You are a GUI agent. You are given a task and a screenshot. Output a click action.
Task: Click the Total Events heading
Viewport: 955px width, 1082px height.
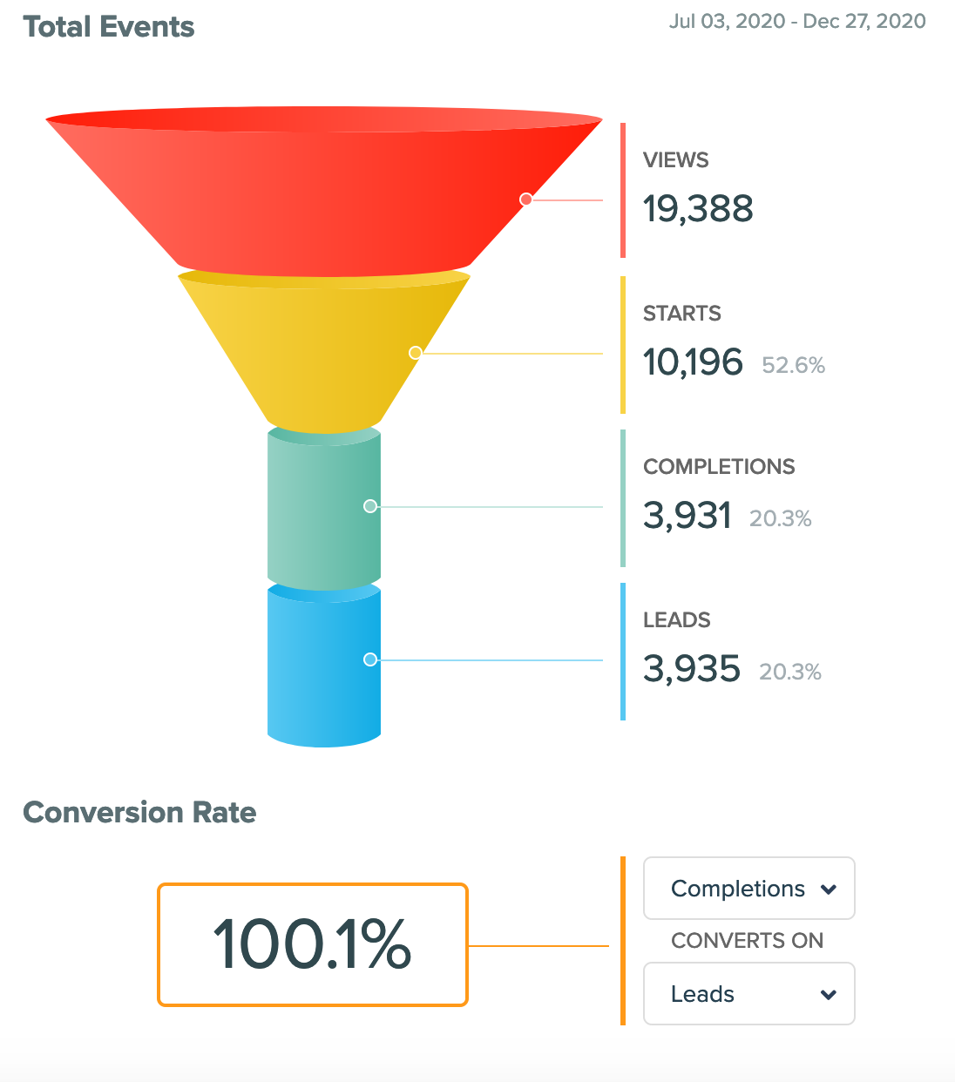pos(109,27)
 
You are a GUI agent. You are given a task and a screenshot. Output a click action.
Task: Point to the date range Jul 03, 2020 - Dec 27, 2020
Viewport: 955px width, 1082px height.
pos(797,21)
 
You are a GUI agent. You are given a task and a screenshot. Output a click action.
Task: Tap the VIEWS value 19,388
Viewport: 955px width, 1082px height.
pos(698,209)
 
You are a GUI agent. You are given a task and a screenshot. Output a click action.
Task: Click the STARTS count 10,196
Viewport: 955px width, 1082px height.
pos(693,362)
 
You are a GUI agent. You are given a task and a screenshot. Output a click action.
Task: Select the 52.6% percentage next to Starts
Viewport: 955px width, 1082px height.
pos(793,365)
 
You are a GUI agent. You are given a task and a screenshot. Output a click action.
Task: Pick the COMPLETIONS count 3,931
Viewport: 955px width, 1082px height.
pos(687,516)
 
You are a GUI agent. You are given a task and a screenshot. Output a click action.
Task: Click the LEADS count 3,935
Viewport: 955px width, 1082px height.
pos(691,669)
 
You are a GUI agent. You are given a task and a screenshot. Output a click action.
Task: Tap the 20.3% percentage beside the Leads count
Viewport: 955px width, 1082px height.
pos(790,672)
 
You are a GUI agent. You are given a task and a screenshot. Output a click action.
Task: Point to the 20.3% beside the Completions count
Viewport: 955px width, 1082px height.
pos(780,518)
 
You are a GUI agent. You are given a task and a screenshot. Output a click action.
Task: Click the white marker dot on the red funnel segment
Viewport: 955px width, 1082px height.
pos(526,199)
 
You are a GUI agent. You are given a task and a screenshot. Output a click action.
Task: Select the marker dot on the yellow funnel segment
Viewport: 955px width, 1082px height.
pos(416,353)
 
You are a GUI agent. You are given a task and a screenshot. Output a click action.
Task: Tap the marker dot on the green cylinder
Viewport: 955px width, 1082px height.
pos(370,506)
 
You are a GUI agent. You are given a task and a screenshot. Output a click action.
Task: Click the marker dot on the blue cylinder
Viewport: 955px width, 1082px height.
pos(370,659)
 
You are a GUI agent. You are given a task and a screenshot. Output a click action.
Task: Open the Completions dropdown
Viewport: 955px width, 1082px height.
pos(748,889)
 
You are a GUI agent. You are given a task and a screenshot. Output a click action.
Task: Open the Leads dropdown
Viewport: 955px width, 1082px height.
pos(748,994)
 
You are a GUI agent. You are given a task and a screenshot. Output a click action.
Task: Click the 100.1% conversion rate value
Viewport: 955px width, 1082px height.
pos(312,944)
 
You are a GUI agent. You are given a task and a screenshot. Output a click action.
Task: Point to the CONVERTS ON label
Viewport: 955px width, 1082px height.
pos(747,941)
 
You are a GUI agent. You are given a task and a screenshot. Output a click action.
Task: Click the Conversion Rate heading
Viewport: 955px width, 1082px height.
pos(139,812)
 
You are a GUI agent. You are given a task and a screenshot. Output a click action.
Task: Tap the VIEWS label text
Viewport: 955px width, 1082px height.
pos(675,160)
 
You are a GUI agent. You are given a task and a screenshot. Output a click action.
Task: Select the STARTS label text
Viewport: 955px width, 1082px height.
pos(681,314)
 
